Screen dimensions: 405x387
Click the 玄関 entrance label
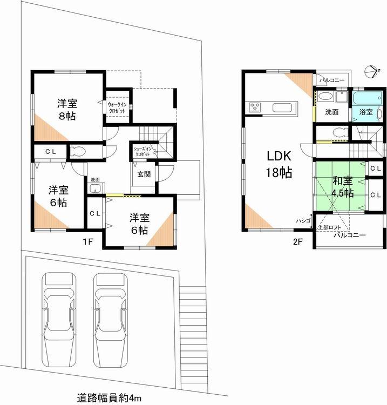click(x=143, y=174)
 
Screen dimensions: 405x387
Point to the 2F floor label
click(x=297, y=242)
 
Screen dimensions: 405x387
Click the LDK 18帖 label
click(x=279, y=165)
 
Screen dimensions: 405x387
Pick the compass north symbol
click(x=371, y=70)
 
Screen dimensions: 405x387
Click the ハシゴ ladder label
click(x=302, y=220)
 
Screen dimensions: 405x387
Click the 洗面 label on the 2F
click(x=331, y=112)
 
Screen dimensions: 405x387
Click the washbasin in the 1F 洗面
click(x=96, y=188)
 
